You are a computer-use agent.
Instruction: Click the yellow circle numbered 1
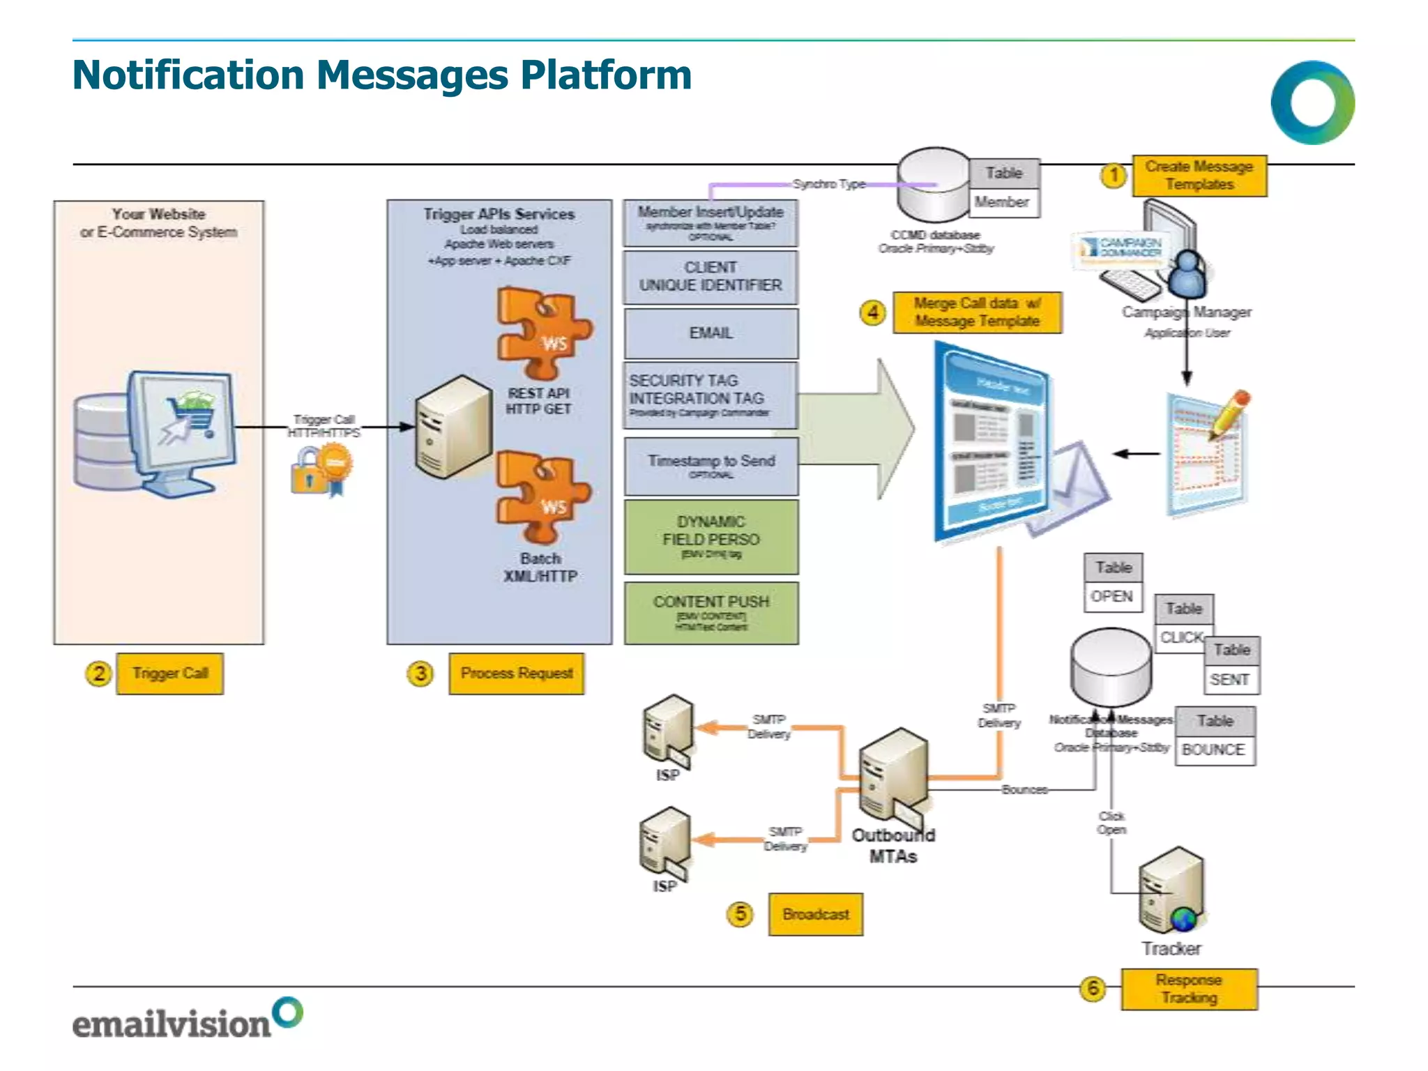1114,175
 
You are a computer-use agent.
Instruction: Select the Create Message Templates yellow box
1199,176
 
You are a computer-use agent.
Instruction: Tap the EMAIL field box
711,333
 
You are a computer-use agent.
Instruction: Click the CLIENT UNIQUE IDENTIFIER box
711,277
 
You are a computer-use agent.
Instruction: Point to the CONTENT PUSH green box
711,613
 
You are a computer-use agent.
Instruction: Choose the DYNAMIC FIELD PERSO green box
711,537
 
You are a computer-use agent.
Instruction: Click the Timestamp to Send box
711,466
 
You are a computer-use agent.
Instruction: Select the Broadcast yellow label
815,914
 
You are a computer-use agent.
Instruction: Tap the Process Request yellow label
516,674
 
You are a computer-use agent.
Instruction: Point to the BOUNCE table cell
1214,750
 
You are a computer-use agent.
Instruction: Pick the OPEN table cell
1112,597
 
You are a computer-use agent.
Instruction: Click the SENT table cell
1230,680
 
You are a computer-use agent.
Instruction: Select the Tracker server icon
1171,890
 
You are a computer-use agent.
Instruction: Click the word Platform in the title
605,75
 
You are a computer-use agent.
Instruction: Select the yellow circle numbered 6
1093,988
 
